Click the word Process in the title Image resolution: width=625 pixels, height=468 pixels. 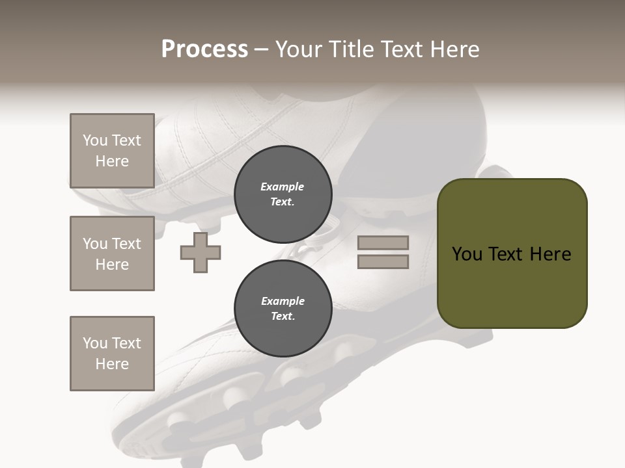[204, 49]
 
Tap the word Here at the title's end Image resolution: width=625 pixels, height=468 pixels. [454, 49]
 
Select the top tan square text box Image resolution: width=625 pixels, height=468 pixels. [112, 151]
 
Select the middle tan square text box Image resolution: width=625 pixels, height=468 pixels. [112, 253]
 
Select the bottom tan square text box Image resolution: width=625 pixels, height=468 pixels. [112, 354]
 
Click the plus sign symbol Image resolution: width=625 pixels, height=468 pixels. [201, 252]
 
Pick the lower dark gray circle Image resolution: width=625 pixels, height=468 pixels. [283, 309]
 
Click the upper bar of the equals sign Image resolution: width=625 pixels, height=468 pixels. [383, 242]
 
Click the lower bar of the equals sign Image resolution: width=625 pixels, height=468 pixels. [383, 262]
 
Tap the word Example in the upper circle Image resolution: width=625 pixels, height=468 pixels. [282, 187]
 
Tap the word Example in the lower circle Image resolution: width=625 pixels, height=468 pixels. [283, 301]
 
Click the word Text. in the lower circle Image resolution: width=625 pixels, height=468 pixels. [283, 317]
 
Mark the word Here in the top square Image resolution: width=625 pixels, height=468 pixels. [112, 161]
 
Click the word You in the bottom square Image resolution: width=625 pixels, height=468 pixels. [95, 343]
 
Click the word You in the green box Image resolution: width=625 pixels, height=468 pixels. [467, 254]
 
